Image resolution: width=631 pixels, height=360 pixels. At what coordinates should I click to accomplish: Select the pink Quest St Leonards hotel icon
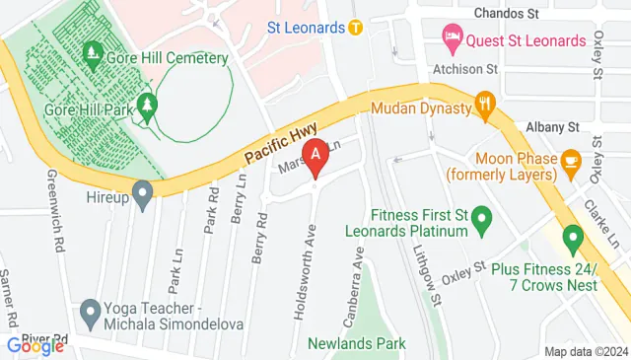[x=453, y=40]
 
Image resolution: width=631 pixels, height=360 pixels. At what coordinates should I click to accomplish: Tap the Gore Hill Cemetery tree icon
[x=96, y=51]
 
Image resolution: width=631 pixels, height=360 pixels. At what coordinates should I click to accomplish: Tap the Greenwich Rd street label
[x=55, y=214]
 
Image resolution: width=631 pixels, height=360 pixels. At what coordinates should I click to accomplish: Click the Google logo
[x=35, y=345]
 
